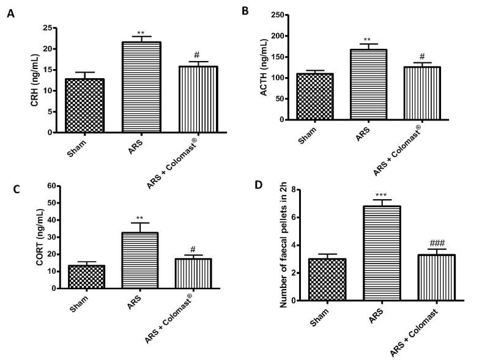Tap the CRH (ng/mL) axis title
[x=35, y=79]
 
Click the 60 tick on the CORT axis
[x=51, y=185]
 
